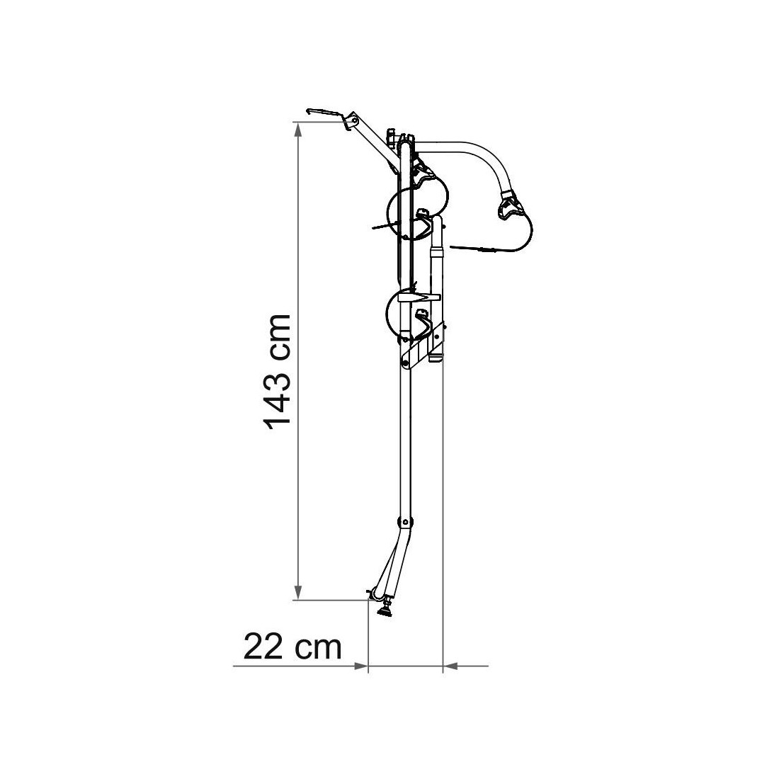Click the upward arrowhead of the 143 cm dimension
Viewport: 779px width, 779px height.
[298, 130]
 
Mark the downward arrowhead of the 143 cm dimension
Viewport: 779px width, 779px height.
[298, 592]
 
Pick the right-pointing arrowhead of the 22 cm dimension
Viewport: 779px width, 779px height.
[360, 666]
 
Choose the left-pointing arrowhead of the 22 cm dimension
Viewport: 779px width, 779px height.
[450, 666]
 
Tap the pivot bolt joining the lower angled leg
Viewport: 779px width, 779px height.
[405, 522]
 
